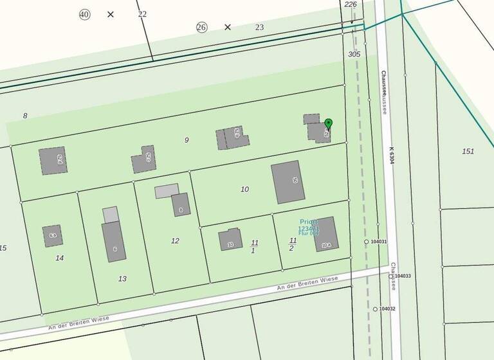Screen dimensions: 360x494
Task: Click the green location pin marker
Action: click(x=328, y=123)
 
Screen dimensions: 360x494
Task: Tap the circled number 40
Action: click(x=85, y=14)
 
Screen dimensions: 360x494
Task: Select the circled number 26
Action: click(x=202, y=27)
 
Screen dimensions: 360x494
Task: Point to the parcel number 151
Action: click(x=468, y=151)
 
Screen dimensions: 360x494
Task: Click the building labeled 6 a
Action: click(x=52, y=236)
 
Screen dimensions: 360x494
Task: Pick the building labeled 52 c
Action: click(x=143, y=159)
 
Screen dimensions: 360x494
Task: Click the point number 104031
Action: click(x=379, y=242)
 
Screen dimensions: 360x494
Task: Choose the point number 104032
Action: click(x=387, y=309)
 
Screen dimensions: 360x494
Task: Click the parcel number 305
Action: click(x=354, y=55)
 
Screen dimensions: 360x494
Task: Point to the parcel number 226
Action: click(x=351, y=4)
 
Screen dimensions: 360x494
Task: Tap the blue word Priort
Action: click(x=309, y=221)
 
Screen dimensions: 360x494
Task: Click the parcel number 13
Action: click(x=122, y=278)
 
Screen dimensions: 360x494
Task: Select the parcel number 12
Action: click(x=175, y=240)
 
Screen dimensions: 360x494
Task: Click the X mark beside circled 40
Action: click(x=111, y=14)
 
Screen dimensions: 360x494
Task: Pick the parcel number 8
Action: click(x=25, y=116)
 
